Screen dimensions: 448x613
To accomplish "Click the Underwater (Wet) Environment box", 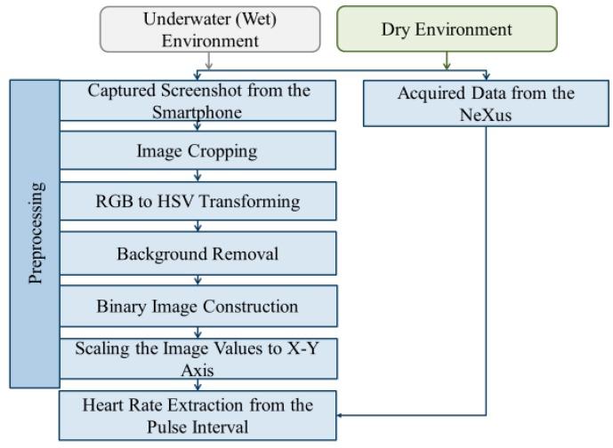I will point(208,30).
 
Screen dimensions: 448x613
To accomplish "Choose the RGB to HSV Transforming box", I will point(198,201).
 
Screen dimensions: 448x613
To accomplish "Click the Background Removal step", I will point(198,253).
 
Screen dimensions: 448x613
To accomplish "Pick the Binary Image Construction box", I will point(198,306).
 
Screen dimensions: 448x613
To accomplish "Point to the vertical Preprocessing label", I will point(35,234).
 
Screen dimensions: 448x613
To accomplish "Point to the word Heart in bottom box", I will point(106,406).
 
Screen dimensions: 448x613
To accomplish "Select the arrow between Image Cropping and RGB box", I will point(198,176).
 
